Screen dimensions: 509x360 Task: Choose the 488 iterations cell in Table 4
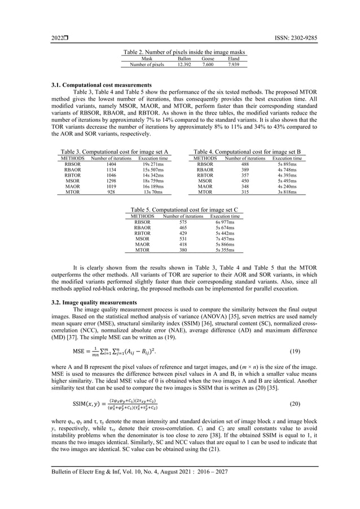[245, 164]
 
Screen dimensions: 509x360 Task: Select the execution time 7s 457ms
[224, 239]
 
